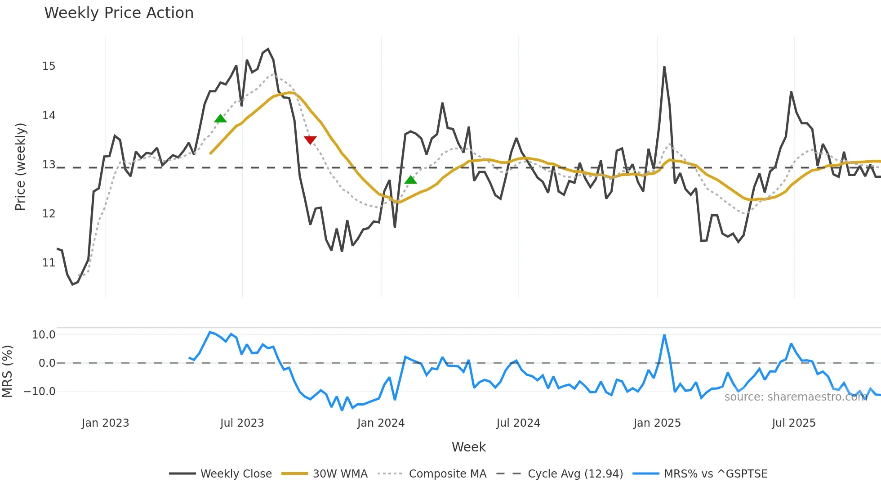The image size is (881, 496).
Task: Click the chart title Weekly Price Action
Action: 119,13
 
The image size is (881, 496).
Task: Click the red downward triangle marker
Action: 310,140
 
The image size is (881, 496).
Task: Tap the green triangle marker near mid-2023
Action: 220,119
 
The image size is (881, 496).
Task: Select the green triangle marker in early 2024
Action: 411,180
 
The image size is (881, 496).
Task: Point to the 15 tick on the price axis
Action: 49,66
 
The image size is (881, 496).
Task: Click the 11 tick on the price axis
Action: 49,262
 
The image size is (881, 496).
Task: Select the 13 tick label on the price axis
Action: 49,165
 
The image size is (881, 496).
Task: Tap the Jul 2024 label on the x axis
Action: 518,423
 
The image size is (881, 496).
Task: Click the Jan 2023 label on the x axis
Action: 105,423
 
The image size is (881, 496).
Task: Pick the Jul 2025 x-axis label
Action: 793,423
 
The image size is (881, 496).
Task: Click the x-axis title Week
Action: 468,447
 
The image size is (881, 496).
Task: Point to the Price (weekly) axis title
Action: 20,167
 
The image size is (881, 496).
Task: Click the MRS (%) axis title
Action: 7,371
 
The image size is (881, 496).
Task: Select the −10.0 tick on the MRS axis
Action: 40,392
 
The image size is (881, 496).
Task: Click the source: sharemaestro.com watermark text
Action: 795,397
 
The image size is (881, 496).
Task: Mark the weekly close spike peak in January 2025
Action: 664,67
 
